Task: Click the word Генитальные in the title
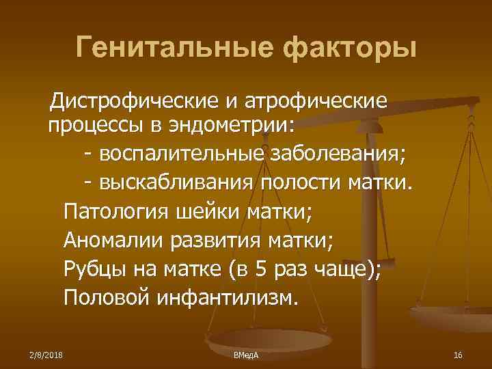coord(169,48)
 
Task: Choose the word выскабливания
coord(176,182)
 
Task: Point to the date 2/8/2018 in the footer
coord(46,355)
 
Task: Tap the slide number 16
coord(458,355)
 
